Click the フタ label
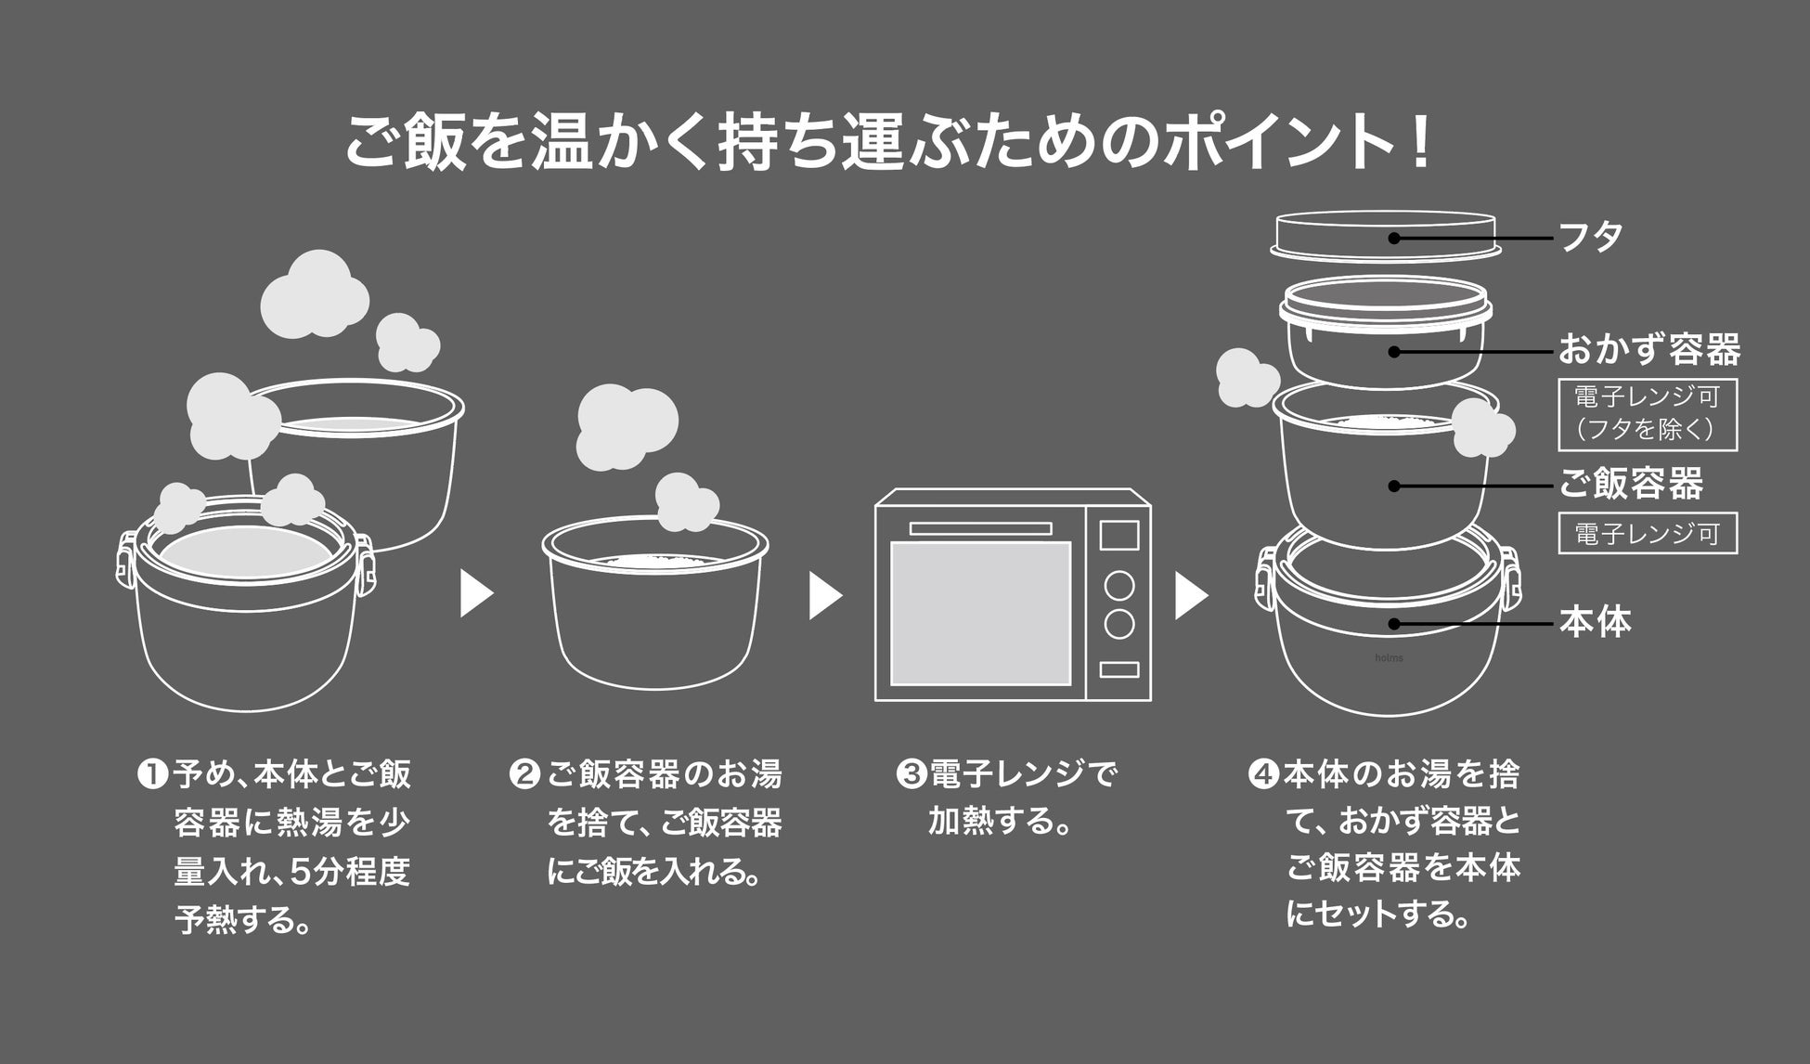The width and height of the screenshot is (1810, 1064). (1590, 237)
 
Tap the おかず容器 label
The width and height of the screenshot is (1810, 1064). (1648, 350)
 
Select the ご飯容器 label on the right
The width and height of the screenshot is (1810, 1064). (1630, 484)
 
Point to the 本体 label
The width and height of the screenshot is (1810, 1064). (1595, 622)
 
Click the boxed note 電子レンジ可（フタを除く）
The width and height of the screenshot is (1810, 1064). (1647, 414)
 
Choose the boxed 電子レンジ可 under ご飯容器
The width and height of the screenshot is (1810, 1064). (1647, 534)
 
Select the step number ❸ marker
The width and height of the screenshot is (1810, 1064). (911, 774)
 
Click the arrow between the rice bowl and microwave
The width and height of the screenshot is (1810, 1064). (824, 595)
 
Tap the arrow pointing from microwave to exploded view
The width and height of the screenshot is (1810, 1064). (1190, 595)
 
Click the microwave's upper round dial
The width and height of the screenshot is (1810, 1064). (1119, 586)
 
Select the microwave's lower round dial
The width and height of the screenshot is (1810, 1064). (1119, 624)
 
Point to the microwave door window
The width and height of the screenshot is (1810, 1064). (980, 613)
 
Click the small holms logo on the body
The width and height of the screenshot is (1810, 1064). (1389, 658)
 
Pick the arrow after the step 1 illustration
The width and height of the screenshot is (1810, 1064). (475, 595)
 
